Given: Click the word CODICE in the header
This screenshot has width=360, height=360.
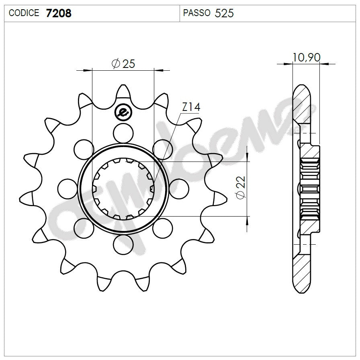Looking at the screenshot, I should point(24,13).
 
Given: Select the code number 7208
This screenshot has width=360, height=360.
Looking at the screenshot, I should point(59,13).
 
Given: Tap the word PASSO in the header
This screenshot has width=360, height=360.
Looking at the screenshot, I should point(196,13).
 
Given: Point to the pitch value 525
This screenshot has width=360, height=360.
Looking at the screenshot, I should point(224,13).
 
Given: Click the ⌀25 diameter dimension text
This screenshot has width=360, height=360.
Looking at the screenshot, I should point(123,63).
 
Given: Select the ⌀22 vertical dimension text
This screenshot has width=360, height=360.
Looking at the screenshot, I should point(241,188).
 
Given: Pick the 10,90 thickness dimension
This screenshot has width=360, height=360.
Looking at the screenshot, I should point(306,57).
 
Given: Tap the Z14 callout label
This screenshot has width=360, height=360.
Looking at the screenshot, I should point(191,107).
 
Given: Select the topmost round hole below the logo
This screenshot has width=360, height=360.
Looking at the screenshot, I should point(123,132).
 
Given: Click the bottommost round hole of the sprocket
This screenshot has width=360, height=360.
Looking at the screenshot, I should point(123,243).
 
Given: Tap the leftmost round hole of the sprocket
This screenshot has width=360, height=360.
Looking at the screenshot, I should point(67,188).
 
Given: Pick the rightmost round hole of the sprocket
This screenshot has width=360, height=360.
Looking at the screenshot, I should point(179,188).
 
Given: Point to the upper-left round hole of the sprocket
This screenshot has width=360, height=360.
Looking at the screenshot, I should point(84,148).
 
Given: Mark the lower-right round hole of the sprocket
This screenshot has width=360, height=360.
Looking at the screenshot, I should point(162,227).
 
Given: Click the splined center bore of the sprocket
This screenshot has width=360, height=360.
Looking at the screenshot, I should point(123,188).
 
